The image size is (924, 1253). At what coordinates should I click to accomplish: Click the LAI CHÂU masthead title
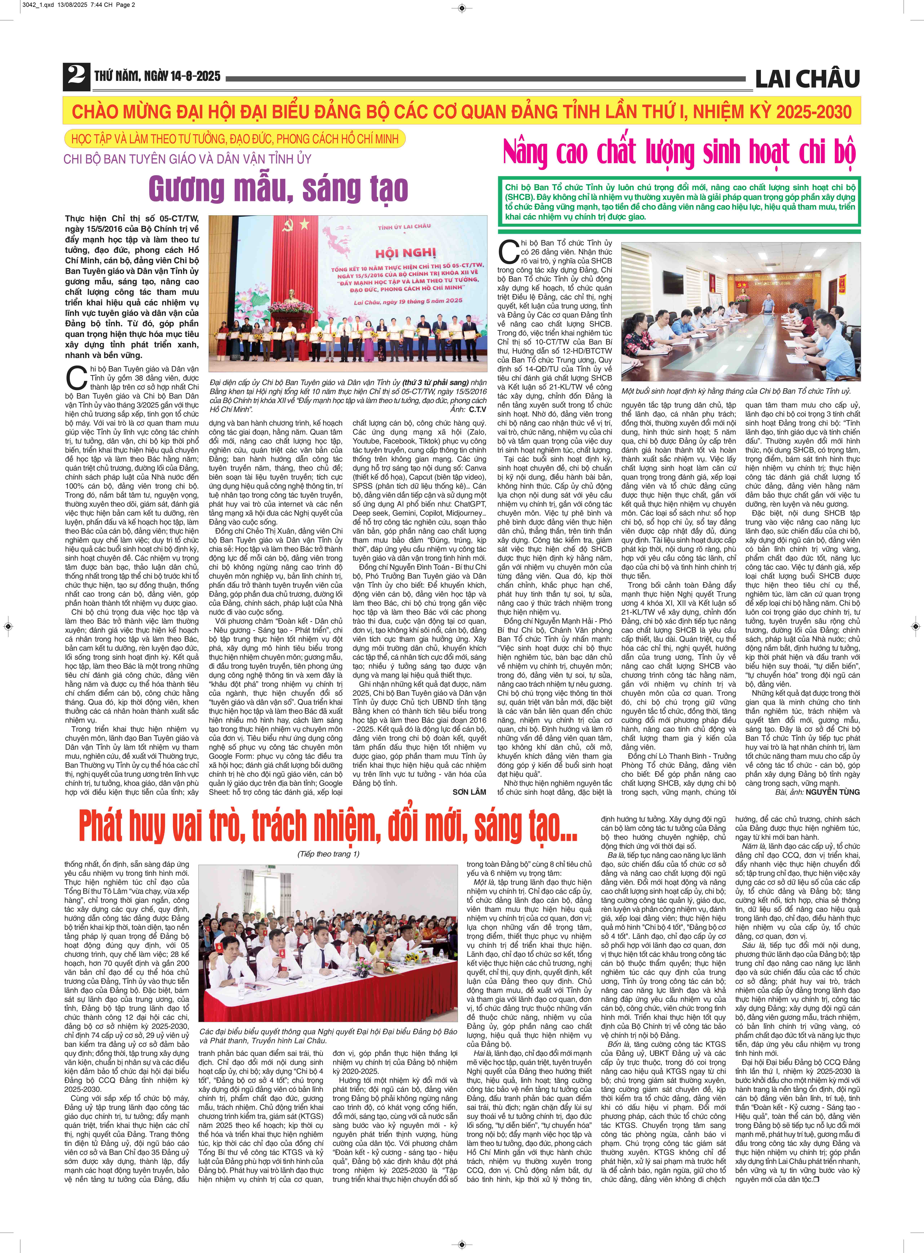pos(807,79)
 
